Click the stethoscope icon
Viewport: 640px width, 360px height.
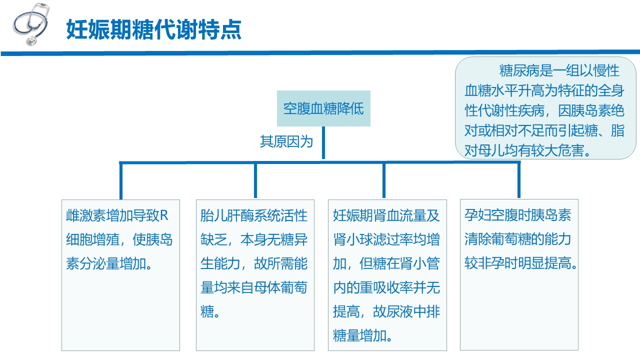tap(31, 24)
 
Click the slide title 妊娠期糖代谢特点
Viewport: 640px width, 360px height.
tap(154, 29)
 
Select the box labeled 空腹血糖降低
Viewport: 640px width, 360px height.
tap(323, 108)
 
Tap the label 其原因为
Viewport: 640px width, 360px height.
tap(286, 141)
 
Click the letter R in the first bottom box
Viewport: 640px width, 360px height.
tap(164, 215)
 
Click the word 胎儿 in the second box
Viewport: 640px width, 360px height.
tap(213, 215)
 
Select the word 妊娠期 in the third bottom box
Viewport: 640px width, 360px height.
tap(353, 215)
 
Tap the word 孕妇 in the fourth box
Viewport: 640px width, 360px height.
tap(477, 215)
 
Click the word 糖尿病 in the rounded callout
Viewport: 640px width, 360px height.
tap(519, 70)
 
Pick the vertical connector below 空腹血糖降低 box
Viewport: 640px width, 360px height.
tap(323, 142)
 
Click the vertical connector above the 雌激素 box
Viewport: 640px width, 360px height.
tap(121, 181)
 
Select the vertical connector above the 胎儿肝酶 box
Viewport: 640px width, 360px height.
tap(255, 180)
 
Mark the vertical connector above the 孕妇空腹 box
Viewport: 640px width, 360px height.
tap(519, 180)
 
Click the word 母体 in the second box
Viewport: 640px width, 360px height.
tap(267, 287)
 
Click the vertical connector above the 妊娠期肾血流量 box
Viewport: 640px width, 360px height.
tap(384, 180)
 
